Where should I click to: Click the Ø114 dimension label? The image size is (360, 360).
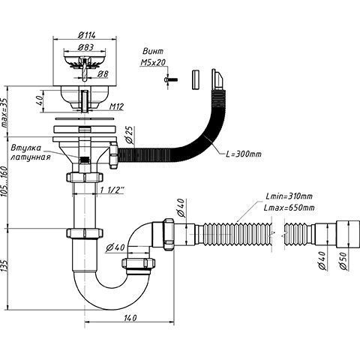pyautogui.click(x=86, y=35)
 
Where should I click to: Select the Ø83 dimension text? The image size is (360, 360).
pyautogui.click(x=85, y=47)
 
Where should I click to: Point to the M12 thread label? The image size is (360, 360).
pyautogui.click(x=116, y=106)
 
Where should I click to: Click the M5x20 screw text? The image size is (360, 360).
pyautogui.click(x=153, y=62)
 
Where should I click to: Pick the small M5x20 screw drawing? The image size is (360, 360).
pyautogui.click(x=171, y=79)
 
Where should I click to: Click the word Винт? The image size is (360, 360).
pyautogui.click(x=153, y=51)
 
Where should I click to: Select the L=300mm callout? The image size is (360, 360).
pyautogui.click(x=244, y=154)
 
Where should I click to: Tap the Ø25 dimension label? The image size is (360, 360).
pyautogui.click(x=130, y=135)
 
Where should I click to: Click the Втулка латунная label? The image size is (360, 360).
pyautogui.click(x=31, y=152)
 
